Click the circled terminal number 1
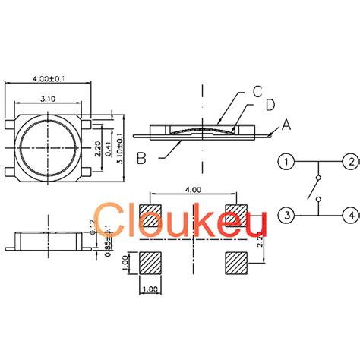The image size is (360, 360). (x=286, y=162)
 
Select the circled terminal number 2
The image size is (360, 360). (x=349, y=162)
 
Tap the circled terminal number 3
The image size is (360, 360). (x=286, y=216)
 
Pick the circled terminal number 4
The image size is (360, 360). (x=349, y=216)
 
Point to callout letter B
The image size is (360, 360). (x=141, y=158)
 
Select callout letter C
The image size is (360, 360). (x=257, y=93)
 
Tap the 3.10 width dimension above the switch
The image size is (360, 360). (x=48, y=98)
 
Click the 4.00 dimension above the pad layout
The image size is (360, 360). (x=194, y=190)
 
